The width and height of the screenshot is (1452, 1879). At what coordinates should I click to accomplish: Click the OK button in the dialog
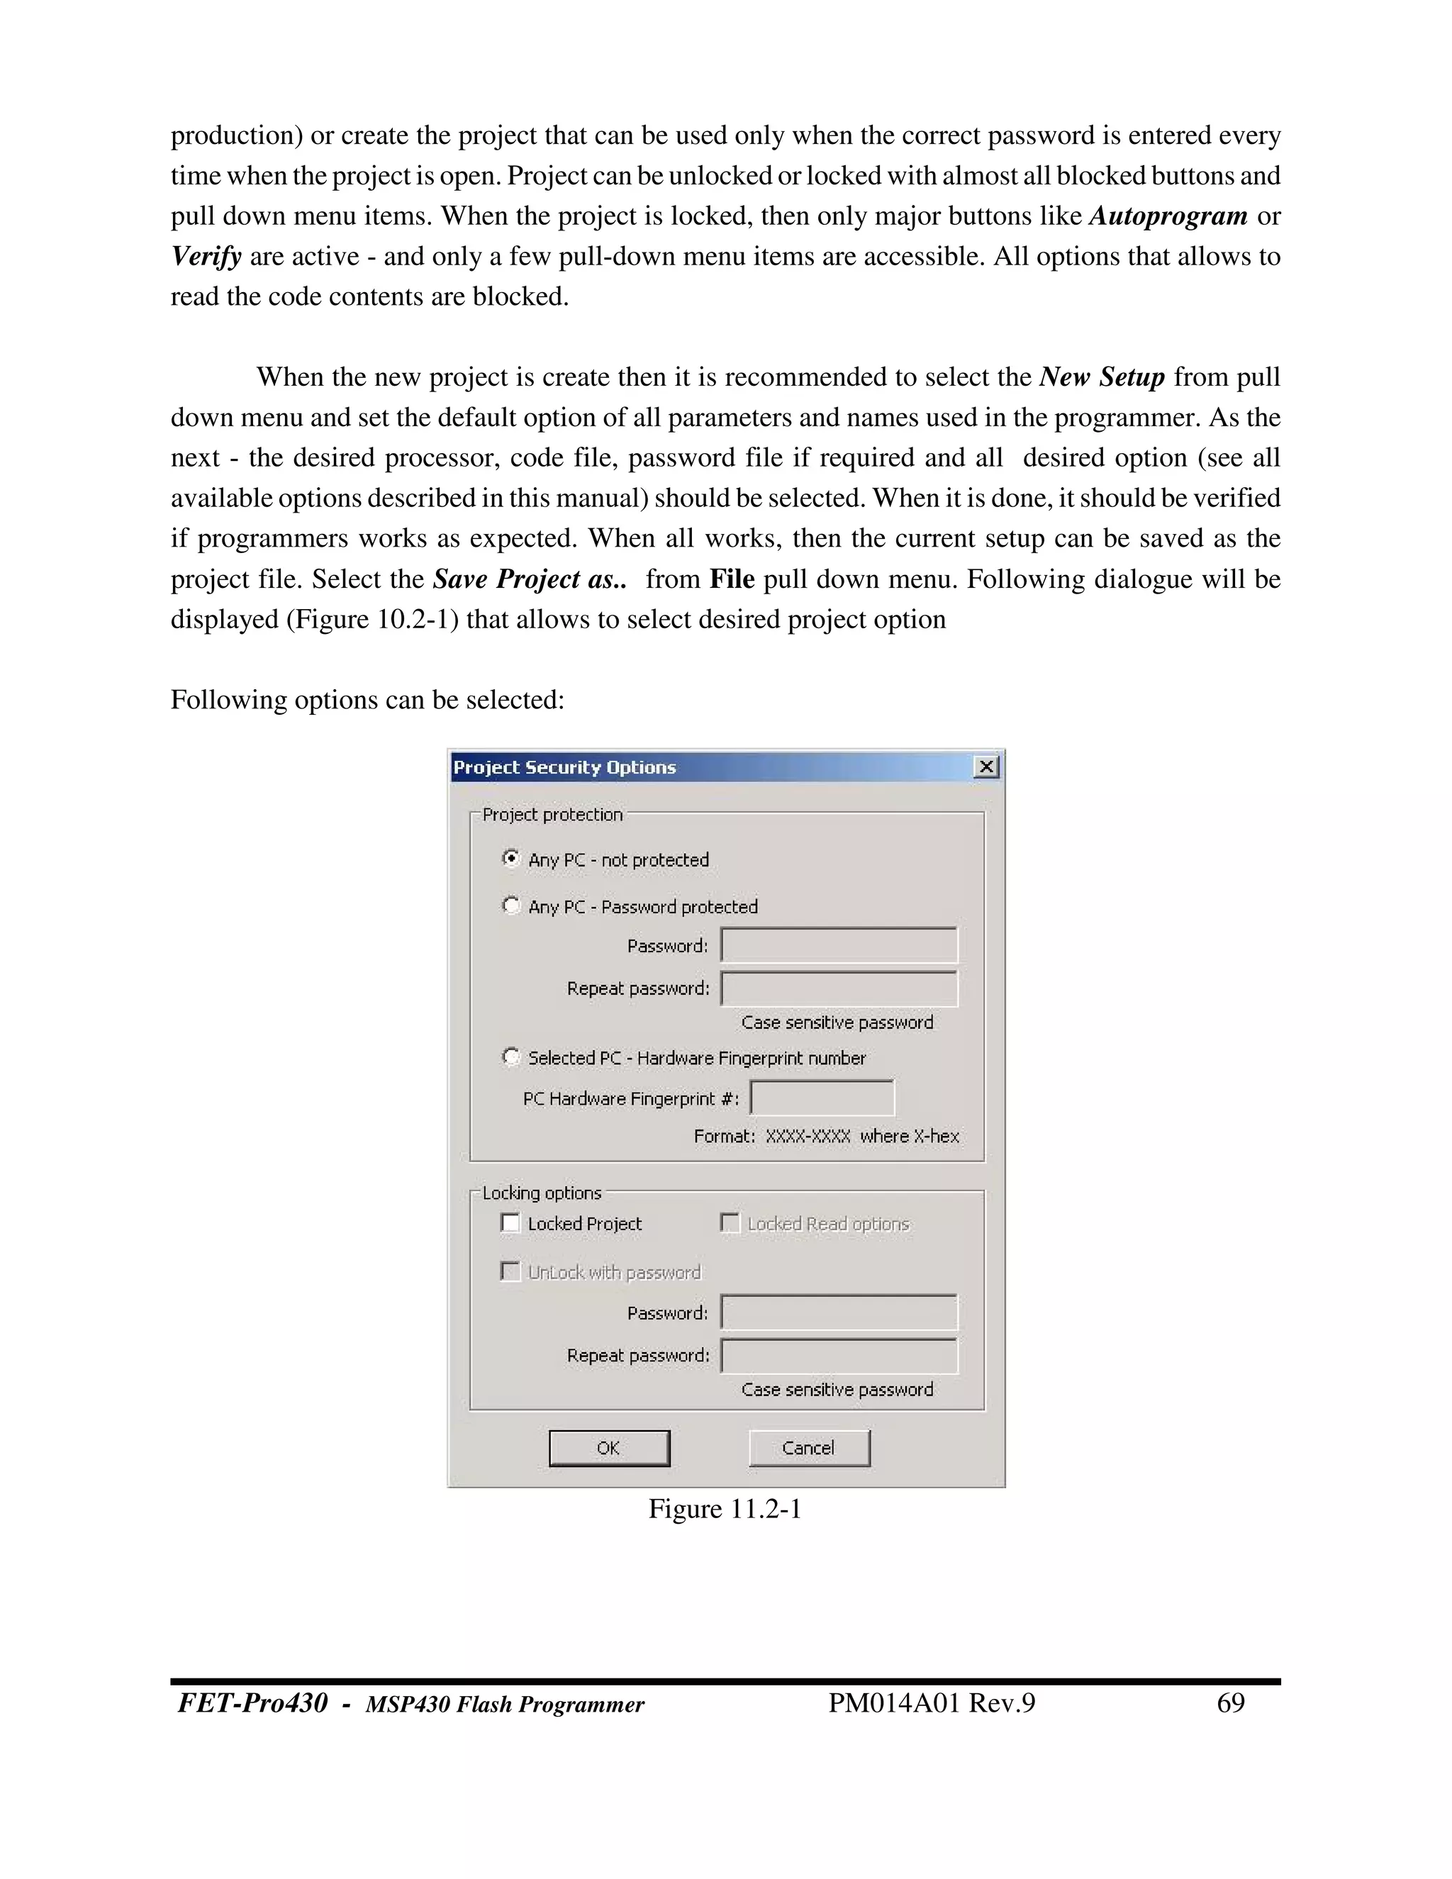[x=609, y=1448]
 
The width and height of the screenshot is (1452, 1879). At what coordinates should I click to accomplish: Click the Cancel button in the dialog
[x=808, y=1448]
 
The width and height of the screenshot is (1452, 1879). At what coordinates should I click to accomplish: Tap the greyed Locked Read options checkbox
[x=730, y=1222]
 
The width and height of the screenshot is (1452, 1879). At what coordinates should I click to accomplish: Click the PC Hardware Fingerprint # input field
[x=822, y=1098]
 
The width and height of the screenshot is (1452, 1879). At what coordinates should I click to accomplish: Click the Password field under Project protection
[x=839, y=945]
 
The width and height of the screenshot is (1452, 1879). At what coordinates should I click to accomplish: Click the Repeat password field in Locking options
[x=839, y=1356]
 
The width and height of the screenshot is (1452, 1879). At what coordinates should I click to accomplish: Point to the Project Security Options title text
[x=564, y=767]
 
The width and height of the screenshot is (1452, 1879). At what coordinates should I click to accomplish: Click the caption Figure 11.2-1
[x=725, y=1509]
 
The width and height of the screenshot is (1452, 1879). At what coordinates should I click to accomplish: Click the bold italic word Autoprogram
[x=1168, y=216]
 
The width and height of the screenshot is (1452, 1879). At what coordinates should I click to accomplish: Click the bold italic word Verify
[x=206, y=257]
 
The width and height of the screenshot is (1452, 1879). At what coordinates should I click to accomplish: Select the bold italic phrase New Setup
[x=1102, y=377]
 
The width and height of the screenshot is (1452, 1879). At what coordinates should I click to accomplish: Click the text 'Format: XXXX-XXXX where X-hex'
[x=826, y=1136]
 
